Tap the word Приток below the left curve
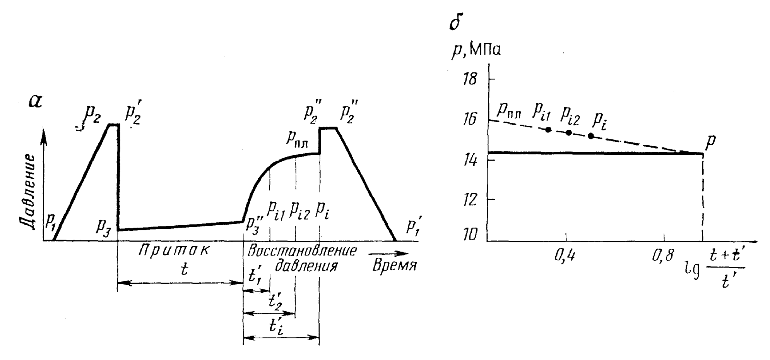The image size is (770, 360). (x=174, y=250)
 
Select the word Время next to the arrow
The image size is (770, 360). (x=394, y=266)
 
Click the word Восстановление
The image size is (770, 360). (x=301, y=250)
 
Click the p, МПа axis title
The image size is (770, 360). (x=476, y=51)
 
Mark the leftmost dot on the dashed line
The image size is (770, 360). (x=548, y=129)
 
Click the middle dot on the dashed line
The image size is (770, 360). (x=568, y=132)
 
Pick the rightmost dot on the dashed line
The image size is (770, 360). (x=591, y=136)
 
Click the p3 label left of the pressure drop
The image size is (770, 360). (x=104, y=227)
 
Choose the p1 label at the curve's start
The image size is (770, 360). (x=50, y=220)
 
